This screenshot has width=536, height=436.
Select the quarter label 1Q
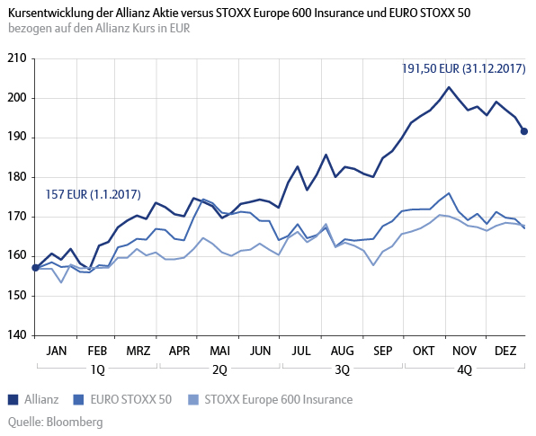coord(96,369)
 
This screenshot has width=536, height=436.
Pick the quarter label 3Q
coord(343,369)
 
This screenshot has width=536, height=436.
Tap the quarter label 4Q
coord(464,369)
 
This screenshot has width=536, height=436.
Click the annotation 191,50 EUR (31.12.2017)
coord(464,67)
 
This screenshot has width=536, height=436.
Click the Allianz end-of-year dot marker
coord(525,132)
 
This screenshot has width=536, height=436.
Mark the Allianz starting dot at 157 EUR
coord(35,268)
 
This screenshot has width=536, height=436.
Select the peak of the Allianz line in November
coord(449,87)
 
